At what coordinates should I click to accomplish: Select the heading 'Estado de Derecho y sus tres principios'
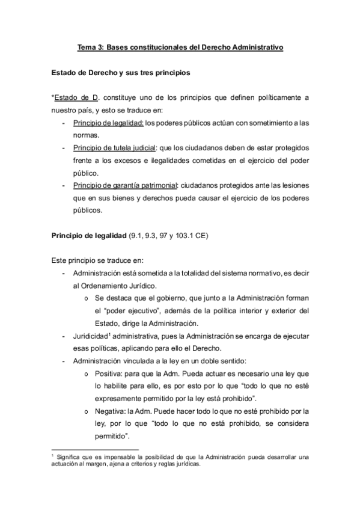click(121, 73)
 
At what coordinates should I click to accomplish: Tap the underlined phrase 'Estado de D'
click(73, 98)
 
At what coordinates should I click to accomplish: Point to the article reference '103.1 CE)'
click(191, 237)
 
